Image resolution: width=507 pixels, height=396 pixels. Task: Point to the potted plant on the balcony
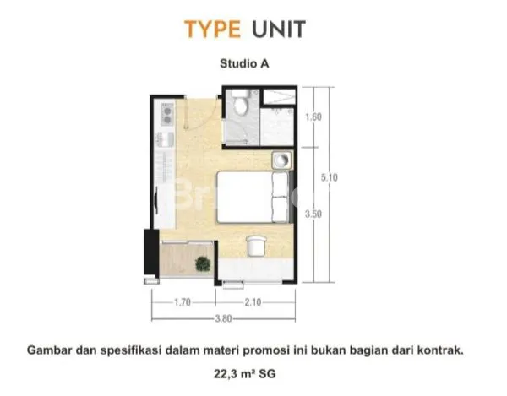(203, 263)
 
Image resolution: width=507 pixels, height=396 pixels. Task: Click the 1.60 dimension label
(313, 117)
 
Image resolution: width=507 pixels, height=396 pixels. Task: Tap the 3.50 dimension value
(313, 215)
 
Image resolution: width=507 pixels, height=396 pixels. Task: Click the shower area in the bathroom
(276, 127)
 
